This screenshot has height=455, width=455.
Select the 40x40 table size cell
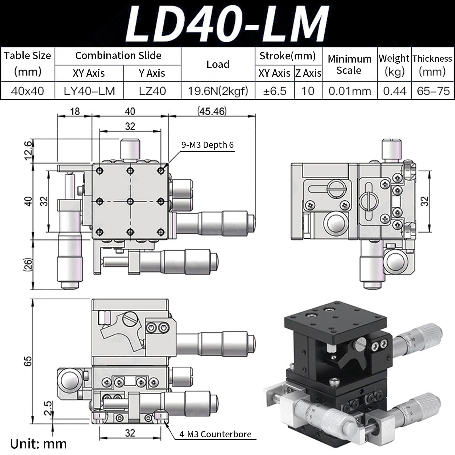[x=28, y=91]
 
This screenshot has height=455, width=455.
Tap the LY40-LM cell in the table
[x=89, y=91]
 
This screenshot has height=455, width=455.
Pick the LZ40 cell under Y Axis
[x=152, y=91]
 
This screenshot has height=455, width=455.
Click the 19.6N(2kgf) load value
[x=218, y=91]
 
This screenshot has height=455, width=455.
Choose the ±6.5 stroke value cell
[x=275, y=91]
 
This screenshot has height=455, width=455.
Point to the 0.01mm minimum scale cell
[x=350, y=91]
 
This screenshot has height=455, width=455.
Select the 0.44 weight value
[x=394, y=91]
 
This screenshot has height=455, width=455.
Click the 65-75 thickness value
[x=433, y=91]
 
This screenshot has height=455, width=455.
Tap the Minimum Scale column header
[x=349, y=64]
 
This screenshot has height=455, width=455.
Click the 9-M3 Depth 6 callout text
[x=207, y=145]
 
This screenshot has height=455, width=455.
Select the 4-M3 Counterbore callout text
[x=215, y=434]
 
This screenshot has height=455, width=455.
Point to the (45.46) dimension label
[x=212, y=111]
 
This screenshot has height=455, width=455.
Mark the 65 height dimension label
[x=28, y=361]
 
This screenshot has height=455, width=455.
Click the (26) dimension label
[x=28, y=264]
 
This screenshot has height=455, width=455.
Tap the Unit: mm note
[x=38, y=444]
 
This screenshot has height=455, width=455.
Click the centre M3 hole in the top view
[x=130, y=202]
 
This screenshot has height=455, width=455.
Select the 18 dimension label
[x=75, y=111]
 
